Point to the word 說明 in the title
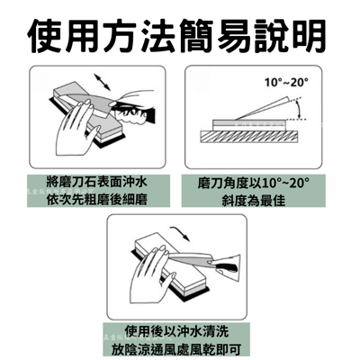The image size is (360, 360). [297, 34]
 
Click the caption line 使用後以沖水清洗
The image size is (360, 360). [180, 328]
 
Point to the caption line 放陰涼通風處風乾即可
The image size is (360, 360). [180, 346]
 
